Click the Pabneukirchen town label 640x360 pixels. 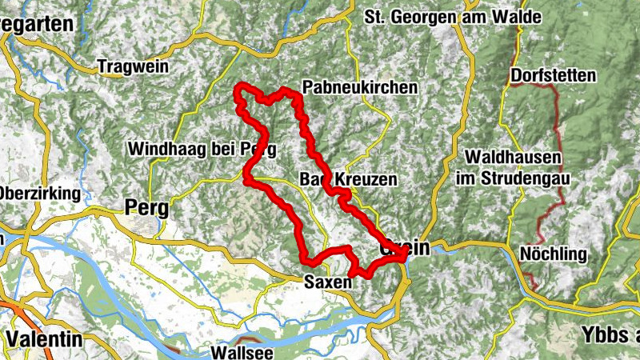(x=360, y=87)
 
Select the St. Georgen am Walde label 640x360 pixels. (x=453, y=16)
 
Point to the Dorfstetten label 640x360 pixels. (x=553, y=76)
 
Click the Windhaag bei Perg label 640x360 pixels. (x=202, y=149)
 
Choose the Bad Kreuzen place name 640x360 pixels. (x=349, y=179)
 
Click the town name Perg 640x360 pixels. (x=147, y=208)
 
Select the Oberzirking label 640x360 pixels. (x=40, y=194)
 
